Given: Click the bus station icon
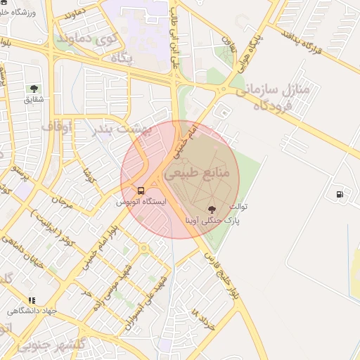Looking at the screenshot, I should [x=141, y=191].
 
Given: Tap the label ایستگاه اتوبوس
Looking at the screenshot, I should [x=141, y=202].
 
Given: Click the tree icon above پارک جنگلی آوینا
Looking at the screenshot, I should [x=212, y=209].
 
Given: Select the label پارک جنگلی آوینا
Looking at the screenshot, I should [x=213, y=220].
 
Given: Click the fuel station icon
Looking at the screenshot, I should [x=340, y=194].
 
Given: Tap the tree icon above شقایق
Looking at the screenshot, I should [x=34, y=89].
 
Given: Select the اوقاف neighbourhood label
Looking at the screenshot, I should [x=57, y=127].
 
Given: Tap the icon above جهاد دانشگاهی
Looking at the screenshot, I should [x=32, y=300].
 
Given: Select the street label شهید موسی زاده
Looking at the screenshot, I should [x=115, y=282].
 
